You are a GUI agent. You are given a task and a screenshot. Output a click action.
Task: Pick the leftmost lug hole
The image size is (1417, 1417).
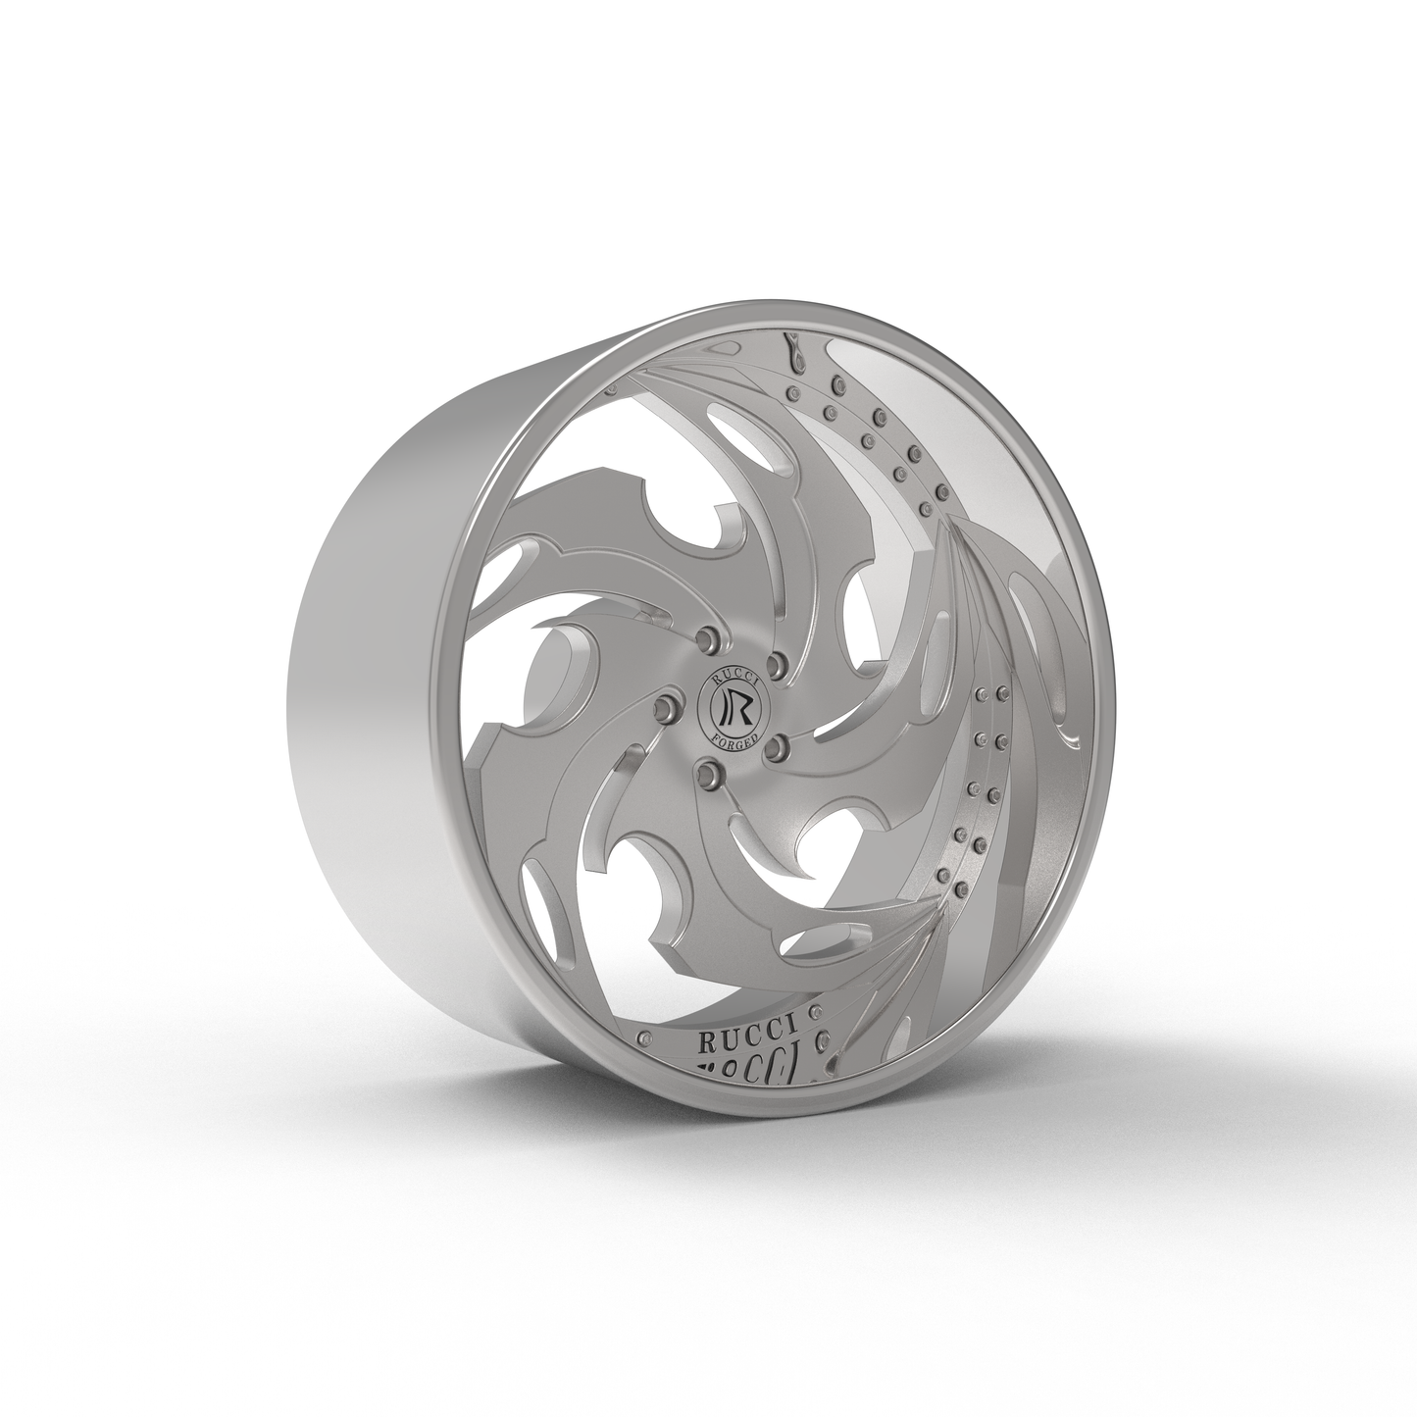click(669, 704)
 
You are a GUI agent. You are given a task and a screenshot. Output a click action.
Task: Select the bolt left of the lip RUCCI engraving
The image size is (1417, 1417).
click(644, 1037)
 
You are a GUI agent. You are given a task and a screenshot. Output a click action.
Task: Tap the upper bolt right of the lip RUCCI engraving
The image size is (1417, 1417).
click(814, 1011)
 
